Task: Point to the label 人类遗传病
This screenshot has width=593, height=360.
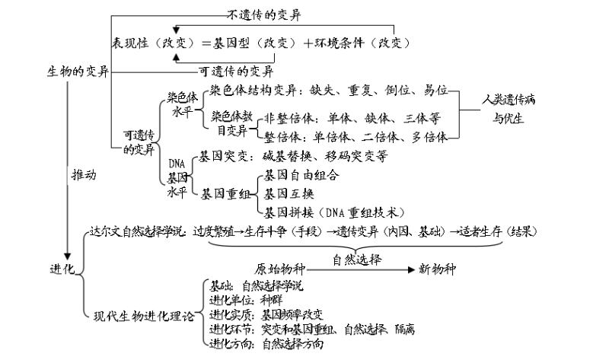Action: click(509, 100)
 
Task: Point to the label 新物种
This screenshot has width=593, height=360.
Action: click(438, 269)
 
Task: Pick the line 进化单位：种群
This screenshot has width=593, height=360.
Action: click(242, 300)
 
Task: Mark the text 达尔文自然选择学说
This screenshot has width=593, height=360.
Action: click(138, 231)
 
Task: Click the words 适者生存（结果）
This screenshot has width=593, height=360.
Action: click(493, 231)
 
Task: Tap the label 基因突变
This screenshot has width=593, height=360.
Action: click(224, 156)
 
